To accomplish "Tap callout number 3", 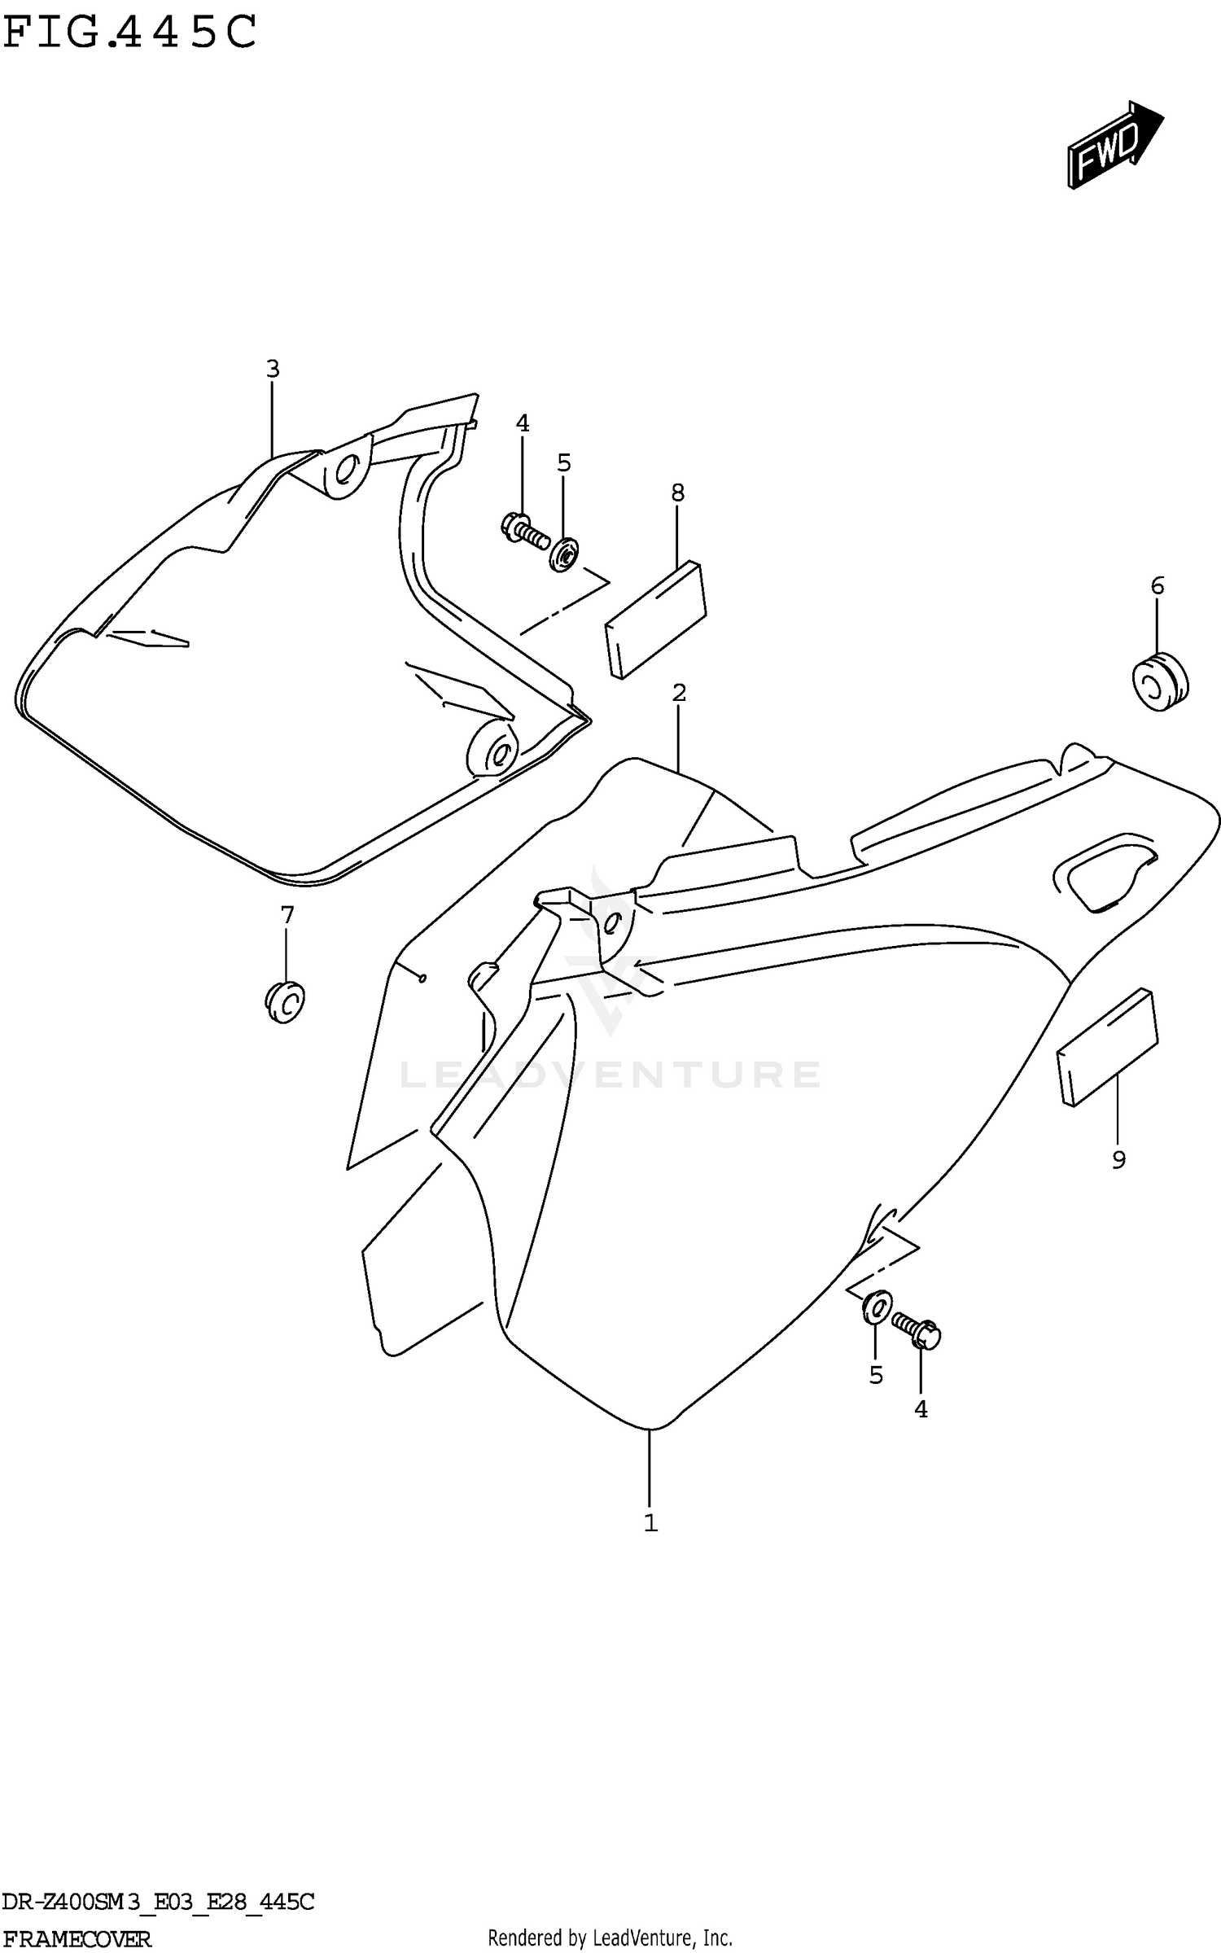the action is tap(273, 370).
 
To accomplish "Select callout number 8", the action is tap(677, 493).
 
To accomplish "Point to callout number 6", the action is tap(1157, 585).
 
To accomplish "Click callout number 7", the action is tap(287, 916).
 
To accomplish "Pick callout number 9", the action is tap(1118, 1160).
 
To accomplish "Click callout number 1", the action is tap(650, 1523).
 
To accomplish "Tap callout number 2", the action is tap(679, 693).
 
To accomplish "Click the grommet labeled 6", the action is tap(1159, 681).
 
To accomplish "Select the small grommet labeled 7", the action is tap(284, 1002).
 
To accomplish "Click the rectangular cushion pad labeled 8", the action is tap(655, 619).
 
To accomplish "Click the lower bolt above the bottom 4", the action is tap(916, 1329).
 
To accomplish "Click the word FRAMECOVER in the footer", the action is tap(77, 1938).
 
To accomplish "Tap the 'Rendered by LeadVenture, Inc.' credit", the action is tap(610, 1938).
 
